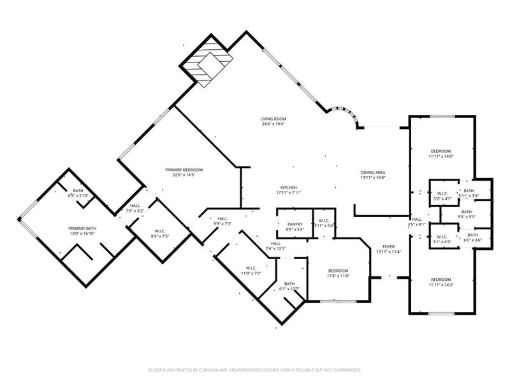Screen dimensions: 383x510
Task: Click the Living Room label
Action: (273, 119)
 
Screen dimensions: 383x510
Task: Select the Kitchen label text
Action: (288, 187)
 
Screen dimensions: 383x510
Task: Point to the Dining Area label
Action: (373, 172)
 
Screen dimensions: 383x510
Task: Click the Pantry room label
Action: (295, 224)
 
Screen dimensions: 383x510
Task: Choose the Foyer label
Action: (388, 246)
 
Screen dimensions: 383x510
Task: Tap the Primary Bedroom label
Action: (184, 170)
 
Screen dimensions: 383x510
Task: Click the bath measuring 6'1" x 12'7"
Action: (289, 286)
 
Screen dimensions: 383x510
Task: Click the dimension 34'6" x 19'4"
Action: (273, 124)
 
